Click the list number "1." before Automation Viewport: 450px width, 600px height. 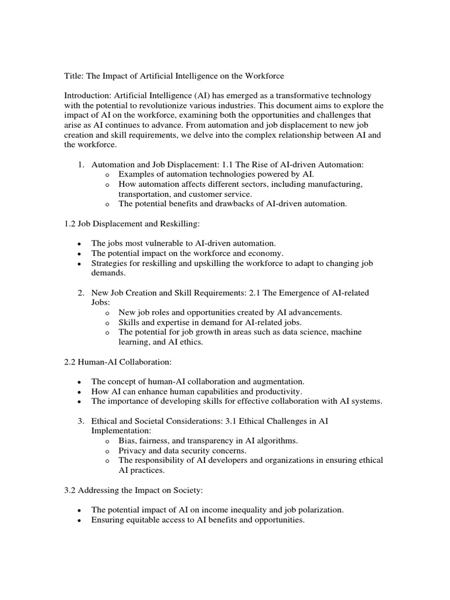tap(82, 165)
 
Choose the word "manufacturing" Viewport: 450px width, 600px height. tap(335, 185)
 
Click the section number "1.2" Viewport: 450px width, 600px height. tap(71, 223)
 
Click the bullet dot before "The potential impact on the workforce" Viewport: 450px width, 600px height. tap(79, 254)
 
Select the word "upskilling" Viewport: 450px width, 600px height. tap(200, 264)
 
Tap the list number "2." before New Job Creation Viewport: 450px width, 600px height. tap(82, 292)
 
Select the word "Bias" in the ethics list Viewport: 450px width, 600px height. tap(128, 441)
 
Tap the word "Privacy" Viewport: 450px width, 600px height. tap(133, 451)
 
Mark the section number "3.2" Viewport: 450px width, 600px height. tap(71, 490)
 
